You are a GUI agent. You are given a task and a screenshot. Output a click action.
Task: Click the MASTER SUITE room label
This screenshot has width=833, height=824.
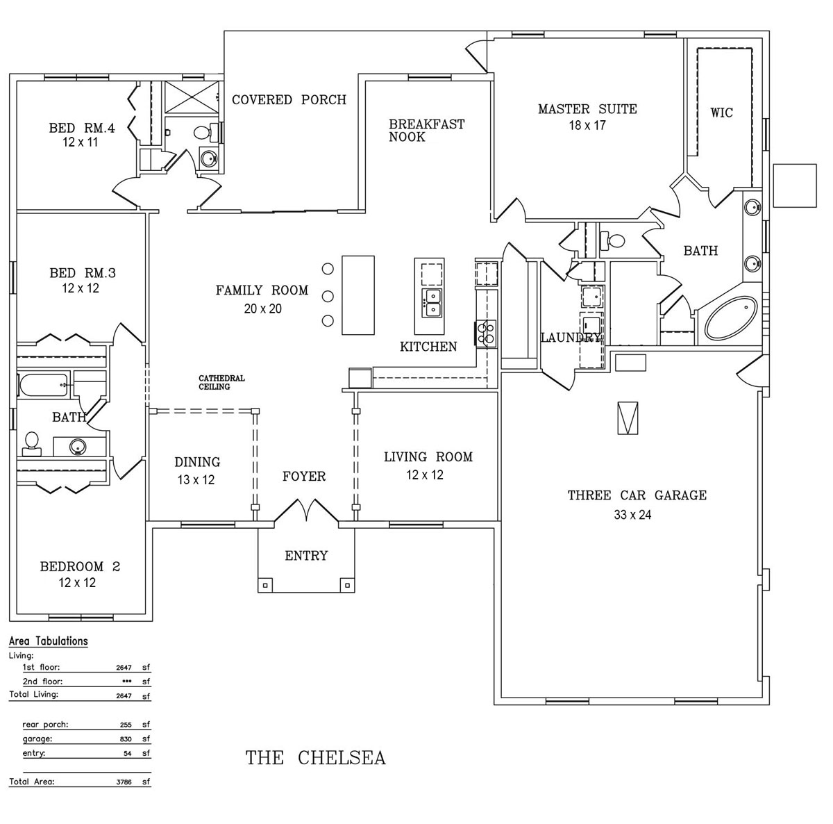pyautogui.click(x=587, y=109)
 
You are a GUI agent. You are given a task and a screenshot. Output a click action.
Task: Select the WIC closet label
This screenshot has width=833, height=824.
pyautogui.click(x=721, y=113)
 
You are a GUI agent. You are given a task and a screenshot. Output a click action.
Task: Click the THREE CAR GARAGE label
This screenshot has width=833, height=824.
pyautogui.click(x=637, y=495)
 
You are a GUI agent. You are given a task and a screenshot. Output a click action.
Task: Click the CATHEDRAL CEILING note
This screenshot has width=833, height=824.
pyautogui.click(x=221, y=383)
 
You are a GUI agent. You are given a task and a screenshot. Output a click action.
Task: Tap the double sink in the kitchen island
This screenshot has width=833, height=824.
pyautogui.click(x=432, y=302)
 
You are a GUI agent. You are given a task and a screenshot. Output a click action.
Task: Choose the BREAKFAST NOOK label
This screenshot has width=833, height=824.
pyautogui.click(x=426, y=131)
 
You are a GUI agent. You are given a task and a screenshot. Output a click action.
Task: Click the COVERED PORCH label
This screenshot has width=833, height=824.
pyautogui.click(x=289, y=100)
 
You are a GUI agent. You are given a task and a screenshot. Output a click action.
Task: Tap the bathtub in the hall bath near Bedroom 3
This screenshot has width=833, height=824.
pyautogui.click(x=44, y=385)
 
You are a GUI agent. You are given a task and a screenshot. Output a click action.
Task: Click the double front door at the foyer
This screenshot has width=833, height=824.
pyautogui.click(x=306, y=511)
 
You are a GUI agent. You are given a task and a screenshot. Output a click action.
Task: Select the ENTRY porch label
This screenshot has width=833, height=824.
pyautogui.click(x=306, y=556)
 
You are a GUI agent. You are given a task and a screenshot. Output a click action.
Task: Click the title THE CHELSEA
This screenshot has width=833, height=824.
pyautogui.click(x=315, y=757)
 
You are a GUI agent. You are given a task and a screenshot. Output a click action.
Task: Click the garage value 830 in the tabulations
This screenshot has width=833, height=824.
pyautogui.click(x=124, y=739)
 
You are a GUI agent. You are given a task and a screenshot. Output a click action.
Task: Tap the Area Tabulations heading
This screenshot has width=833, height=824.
pyautogui.click(x=48, y=641)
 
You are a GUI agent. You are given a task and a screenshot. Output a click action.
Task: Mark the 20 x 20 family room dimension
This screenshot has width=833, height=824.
pyautogui.click(x=262, y=308)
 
